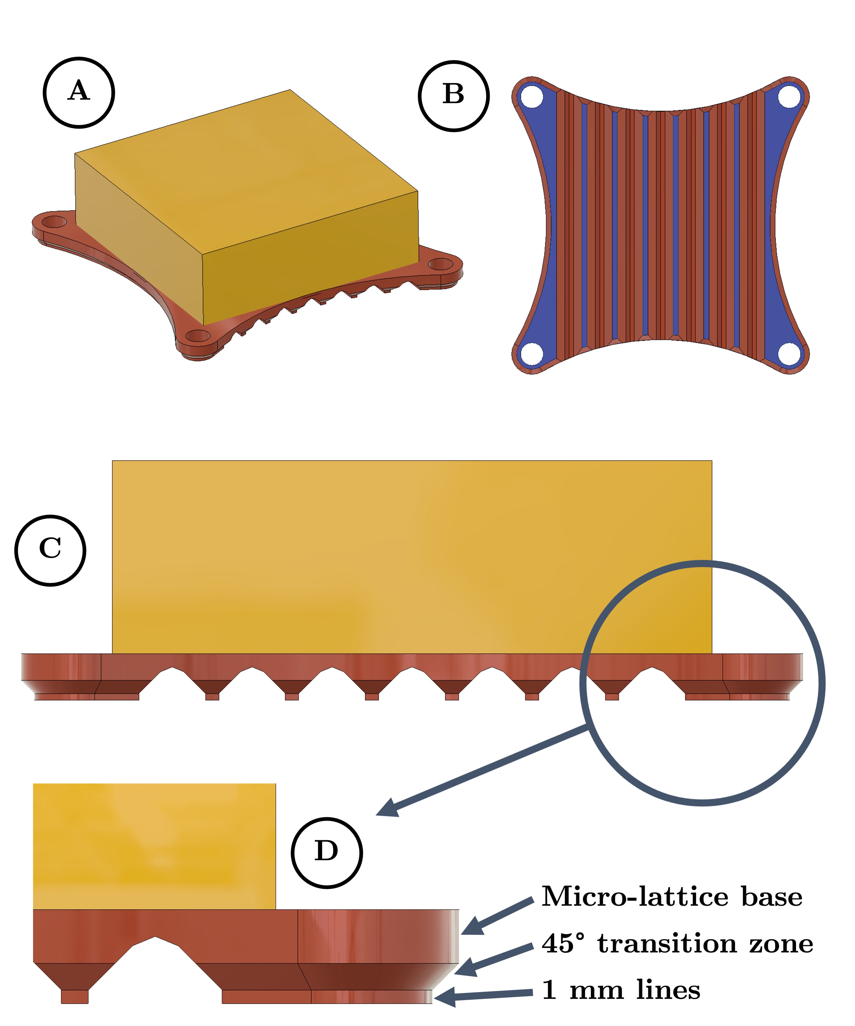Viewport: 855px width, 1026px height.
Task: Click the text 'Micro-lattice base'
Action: (x=672, y=897)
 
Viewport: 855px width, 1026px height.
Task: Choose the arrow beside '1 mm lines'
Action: (x=483, y=995)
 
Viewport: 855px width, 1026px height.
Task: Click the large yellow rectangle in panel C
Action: (x=412, y=557)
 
